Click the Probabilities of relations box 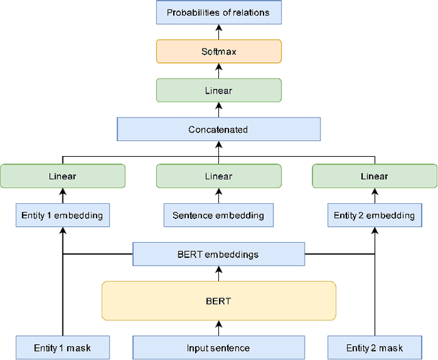click(x=218, y=12)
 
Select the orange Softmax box click(x=218, y=51)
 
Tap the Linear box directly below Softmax click(x=218, y=90)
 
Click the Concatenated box click(x=218, y=129)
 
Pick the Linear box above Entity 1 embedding click(x=62, y=176)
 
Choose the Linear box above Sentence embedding click(x=218, y=176)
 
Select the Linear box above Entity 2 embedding click(x=374, y=176)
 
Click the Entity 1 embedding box click(x=62, y=216)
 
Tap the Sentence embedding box click(x=218, y=216)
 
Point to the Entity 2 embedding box click(x=374, y=216)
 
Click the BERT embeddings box click(x=218, y=255)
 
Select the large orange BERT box click(x=218, y=300)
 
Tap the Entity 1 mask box click(x=62, y=348)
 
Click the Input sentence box click(x=218, y=348)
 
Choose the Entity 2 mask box click(x=374, y=348)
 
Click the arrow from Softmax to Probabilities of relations click(x=218, y=31)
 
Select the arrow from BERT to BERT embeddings click(x=218, y=274)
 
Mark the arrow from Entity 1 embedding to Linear click(x=62, y=196)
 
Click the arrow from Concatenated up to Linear click(x=218, y=110)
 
